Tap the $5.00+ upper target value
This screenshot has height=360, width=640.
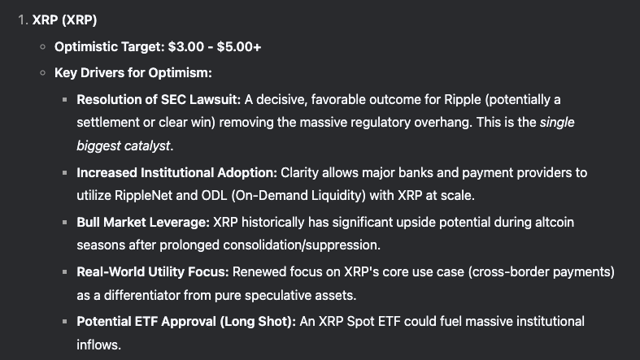pyautogui.click(x=239, y=46)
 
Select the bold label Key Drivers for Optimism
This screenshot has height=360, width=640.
pyautogui.click(x=133, y=73)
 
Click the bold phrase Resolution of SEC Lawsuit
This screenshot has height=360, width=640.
pyautogui.click(x=159, y=99)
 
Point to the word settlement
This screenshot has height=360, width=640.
pyautogui.click(x=108, y=123)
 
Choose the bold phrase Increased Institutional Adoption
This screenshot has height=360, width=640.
pyautogui.click(x=177, y=173)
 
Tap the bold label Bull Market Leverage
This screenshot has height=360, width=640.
pyautogui.click(x=143, y=222)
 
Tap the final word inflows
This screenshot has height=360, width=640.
pyautogui.click(x=98, y=345)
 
